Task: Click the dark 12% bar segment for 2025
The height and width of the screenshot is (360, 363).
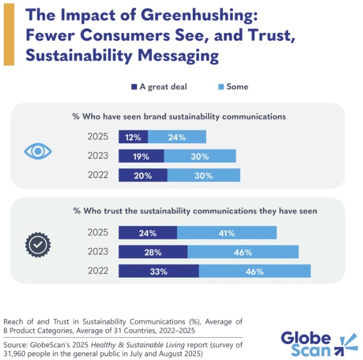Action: coord(133,137)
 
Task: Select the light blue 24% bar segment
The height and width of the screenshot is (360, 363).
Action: coord(177,137)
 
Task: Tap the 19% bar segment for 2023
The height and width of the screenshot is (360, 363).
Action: coord(141,156)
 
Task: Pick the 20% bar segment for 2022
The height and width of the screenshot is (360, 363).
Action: coord(143,176)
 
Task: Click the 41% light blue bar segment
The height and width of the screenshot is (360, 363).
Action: coord(226,233)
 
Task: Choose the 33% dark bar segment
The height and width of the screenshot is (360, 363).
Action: coord(159,271)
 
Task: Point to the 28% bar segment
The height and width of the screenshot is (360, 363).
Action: coord(153,252)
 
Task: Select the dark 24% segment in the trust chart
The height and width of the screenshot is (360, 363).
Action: coord(148,233)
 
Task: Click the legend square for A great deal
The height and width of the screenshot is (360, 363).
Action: coord(134,87)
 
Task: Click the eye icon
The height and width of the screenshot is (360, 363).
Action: coord(38,151)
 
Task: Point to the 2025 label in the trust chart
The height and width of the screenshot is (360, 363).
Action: coord(97,233)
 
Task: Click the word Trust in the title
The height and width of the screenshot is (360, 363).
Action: coord(269,35)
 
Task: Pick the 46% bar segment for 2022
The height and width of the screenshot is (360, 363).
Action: coord(254,271)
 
